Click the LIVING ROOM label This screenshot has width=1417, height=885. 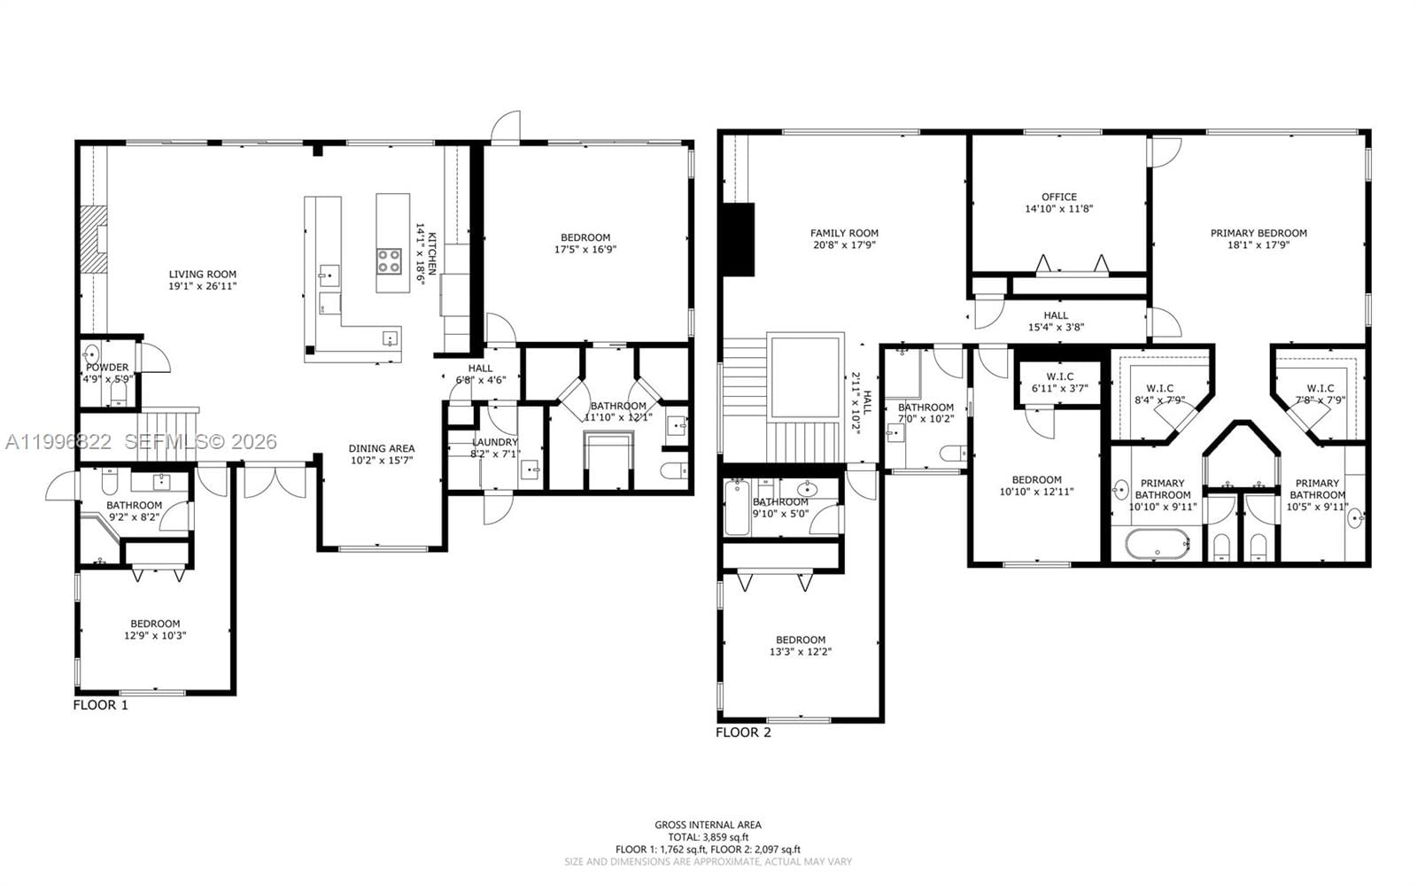(203, 275)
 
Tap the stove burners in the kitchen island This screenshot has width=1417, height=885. (390, 261)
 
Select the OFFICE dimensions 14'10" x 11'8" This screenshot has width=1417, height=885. (1059, 209)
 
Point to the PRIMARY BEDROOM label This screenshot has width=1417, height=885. (1258, 233)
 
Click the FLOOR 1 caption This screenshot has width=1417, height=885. (100, 705)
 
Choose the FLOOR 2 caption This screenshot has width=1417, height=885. (743, 733)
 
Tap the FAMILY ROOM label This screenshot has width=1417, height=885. (844, 233)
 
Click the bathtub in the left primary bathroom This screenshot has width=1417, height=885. (1158, 543)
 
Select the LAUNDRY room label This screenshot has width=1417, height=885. (494, 442)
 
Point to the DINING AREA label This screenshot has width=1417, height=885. (381, 448)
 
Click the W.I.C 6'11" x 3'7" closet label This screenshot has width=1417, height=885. (1059, 377)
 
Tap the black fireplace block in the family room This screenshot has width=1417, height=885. (738, 239)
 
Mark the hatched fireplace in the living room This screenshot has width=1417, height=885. (93, 239)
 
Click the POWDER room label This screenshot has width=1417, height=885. (107, 367)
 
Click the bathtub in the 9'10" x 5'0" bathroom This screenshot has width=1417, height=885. (737, 508)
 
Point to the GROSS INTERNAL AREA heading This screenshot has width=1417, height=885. (708, 825)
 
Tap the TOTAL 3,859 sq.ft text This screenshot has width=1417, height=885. (708, 836)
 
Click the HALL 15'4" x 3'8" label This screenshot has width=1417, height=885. (1056, 315)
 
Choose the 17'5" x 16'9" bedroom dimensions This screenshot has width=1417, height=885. (585, 249)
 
